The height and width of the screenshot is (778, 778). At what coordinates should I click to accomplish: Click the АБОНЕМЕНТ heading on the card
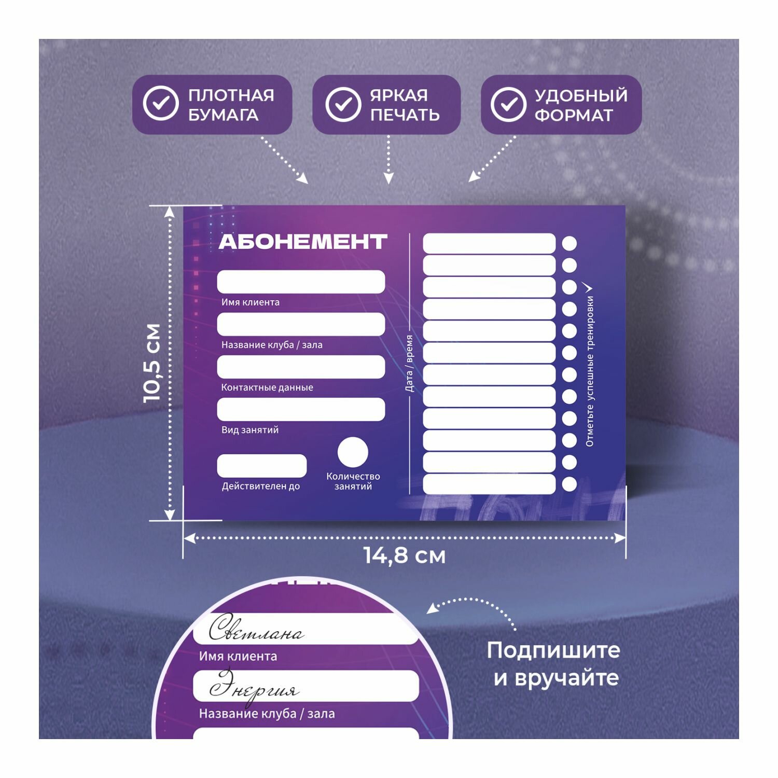coord(303,242)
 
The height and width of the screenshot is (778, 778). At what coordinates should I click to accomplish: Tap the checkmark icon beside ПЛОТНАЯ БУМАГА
coord(161,104)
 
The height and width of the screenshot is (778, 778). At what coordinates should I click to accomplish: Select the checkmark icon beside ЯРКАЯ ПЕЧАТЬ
coord(343,104)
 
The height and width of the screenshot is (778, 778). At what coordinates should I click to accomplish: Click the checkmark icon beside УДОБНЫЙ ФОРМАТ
coord(508,104)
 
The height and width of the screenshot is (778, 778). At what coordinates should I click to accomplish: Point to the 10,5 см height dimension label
coord(152,363)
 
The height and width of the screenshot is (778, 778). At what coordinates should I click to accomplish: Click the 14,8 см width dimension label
coord(405,556)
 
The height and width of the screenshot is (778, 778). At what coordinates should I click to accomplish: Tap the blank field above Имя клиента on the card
coord(301,282)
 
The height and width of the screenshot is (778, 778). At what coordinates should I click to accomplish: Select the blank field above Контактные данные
coord(301,367)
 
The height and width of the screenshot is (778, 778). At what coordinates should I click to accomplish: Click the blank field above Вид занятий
coord(301,409)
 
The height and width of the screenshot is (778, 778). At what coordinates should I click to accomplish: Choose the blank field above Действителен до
coord(261,466)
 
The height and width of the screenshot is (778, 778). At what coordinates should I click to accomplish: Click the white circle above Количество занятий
coord(353,452)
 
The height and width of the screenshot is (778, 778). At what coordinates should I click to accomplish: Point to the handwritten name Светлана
coord(256,630)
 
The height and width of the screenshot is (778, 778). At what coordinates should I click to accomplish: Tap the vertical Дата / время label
coord(409,363)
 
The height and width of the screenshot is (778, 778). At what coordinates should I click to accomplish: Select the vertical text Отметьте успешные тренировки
coord(590,371)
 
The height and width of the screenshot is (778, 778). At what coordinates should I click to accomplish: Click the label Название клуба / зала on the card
coord(272,345)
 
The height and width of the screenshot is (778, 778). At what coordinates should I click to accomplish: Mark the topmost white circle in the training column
coord(569,243)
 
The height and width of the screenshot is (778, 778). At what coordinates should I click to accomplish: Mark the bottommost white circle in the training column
coord(569,484)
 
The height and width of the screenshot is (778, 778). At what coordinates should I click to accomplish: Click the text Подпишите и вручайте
coord(553,664)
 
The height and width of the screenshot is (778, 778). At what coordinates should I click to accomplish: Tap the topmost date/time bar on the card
coord(489,243)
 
